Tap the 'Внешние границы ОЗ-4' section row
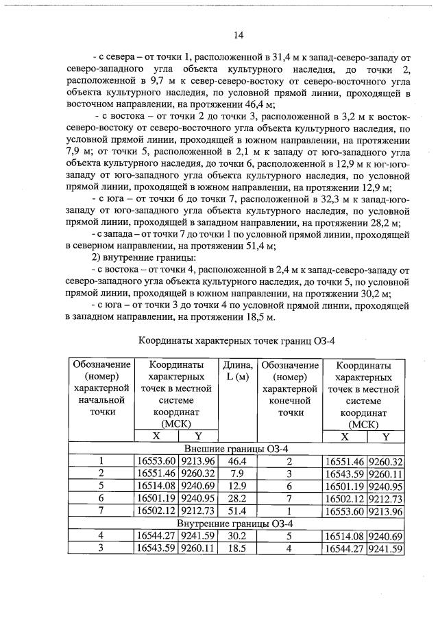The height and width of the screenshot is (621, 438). [237, 448]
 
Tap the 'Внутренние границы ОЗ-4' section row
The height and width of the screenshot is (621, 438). [237, 524]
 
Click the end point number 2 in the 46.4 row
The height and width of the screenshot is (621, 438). [289, 460]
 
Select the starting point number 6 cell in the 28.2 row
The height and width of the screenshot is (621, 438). [101, 497]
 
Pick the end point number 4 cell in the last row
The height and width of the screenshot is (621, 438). [289, 548]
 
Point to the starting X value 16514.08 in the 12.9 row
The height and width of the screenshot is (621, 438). [156, 485]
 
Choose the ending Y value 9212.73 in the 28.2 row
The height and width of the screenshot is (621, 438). [385, 497]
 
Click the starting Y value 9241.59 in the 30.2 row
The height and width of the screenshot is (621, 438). [198, 536]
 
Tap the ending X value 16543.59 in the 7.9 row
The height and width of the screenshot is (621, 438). [344, 473]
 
